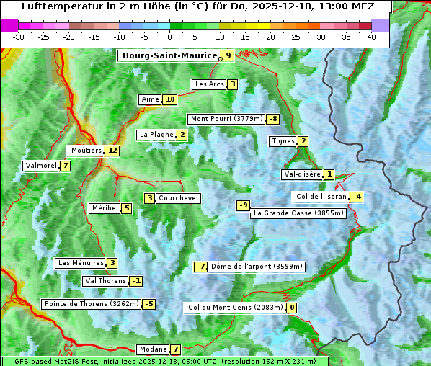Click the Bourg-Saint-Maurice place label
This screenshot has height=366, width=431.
coord(169,55)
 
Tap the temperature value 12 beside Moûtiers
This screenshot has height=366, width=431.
coord(112,151)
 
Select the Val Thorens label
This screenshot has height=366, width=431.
coord(105,281)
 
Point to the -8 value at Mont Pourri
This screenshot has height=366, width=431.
coord(272,119)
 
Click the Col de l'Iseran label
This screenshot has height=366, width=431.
coord(321,197)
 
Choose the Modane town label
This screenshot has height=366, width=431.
coord(151,349)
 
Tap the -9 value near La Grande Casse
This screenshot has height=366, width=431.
coord(244,205)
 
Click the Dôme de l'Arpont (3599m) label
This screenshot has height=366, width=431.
coord(257,267)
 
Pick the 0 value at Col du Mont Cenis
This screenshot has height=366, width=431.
coord(292,308)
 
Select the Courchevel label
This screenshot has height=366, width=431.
coord(178,198)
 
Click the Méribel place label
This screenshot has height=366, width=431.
coord(105,208)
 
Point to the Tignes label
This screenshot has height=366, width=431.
coord(283,141)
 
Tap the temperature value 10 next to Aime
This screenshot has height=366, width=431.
coord(170,99)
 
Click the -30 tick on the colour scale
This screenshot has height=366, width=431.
coord(19,37)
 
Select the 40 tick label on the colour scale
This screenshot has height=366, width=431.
coord(371,37)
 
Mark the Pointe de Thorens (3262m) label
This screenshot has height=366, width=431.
coord(92,304)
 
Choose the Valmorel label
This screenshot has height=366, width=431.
coord(40,166)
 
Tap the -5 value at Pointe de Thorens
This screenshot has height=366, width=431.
coord(148,304)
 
